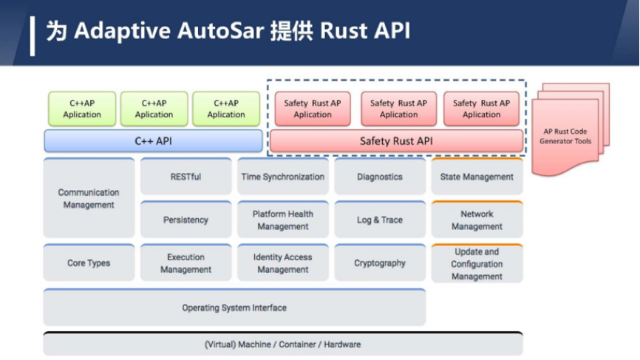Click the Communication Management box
pyautogui.click(x=89, y=198)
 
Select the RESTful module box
pyautogui.click(x=185, y=177)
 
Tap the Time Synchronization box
pyautogui.click(x=283, y=177)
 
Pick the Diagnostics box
pyautogui.click(x=380, y=177)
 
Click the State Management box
pyautogui.click(x=477, y=177)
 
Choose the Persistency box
pyautogui.click(x=185, y=220)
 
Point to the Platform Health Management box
pyautogui.click(x=283, y=220)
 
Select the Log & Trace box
pyautogui.click(x=380, y=220)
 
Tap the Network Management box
pyautogui.click(x=477, y=220)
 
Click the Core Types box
pyautogui.click(x=89, y=262)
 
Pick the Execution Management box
pyautogui.click(x=185, y=262)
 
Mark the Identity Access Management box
pyautogui.click(x=283, y=262)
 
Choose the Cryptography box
pyautogui.click(x=380, y=262)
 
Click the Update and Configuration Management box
pyautogui.click(x=477, y=263)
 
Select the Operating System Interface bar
pyautogui.click(x=235, y=308)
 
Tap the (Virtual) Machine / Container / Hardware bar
pyautogui.click(x=283, y=344)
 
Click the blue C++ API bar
pyautogui.click(x=154, y=140)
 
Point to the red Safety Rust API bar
pyautogui.click(x=396, y=140)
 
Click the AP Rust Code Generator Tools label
pyautogui.click(x=565, y=136)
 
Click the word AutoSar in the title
pyautogui.click(x=221, y=30)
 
